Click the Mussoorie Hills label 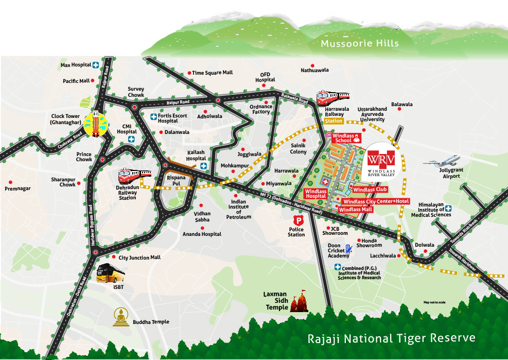point(359,44)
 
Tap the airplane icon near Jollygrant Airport point(441,161)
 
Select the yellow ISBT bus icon point(110,273)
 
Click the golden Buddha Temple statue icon point(120,317)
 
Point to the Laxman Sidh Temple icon point(301,303)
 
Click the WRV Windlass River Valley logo point(381,161)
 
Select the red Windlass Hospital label point(316,193)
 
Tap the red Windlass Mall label point(356,210)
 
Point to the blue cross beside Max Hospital point(96,65)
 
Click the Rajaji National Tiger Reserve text point(391,338)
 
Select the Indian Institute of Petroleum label point(239,210)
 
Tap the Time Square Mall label point(212,73)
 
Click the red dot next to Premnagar point(10,182)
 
